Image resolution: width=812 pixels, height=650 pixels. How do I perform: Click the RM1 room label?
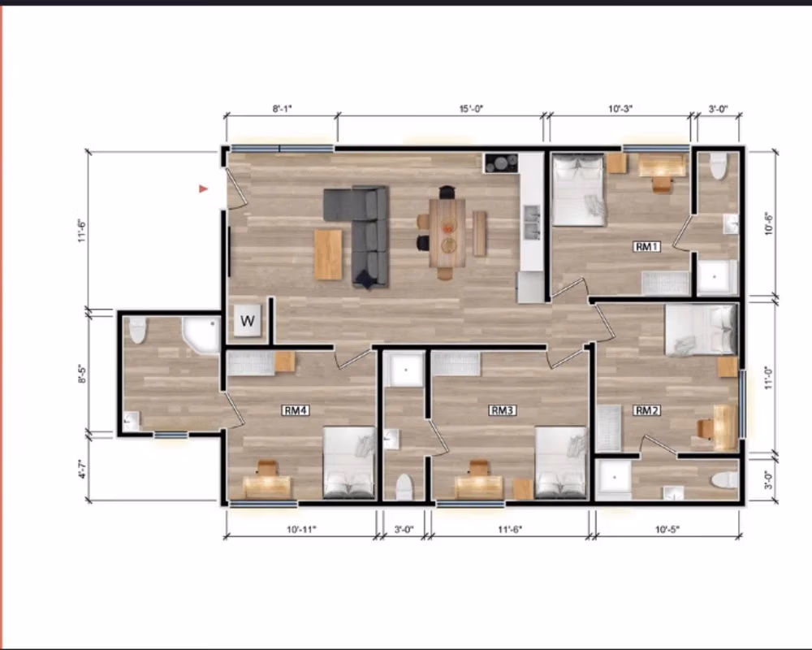coord(646,246)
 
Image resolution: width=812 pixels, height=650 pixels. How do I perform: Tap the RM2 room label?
coord(646,410)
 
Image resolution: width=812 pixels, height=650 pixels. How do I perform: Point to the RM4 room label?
coord(295,410)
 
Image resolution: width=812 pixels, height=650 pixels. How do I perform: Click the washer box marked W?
coord(248,320)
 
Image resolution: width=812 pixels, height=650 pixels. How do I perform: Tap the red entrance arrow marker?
coord(204,188)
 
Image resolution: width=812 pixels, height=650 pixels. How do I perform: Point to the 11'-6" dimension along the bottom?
coord(509,530)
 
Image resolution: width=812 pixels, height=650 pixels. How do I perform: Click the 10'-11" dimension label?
coord(301,530)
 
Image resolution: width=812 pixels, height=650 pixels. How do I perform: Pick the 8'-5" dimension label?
coord(82,374)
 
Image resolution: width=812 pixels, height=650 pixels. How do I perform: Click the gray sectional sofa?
coord(363,232)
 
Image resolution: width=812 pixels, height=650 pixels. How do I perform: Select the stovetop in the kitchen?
coord(501,162)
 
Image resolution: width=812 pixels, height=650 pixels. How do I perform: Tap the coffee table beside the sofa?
coord(328,254)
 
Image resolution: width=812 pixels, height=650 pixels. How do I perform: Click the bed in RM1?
coord(579,190)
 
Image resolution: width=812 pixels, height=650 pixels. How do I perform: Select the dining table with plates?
coord(447,232)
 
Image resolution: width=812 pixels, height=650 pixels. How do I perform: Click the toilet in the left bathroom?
coord(137,329)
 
